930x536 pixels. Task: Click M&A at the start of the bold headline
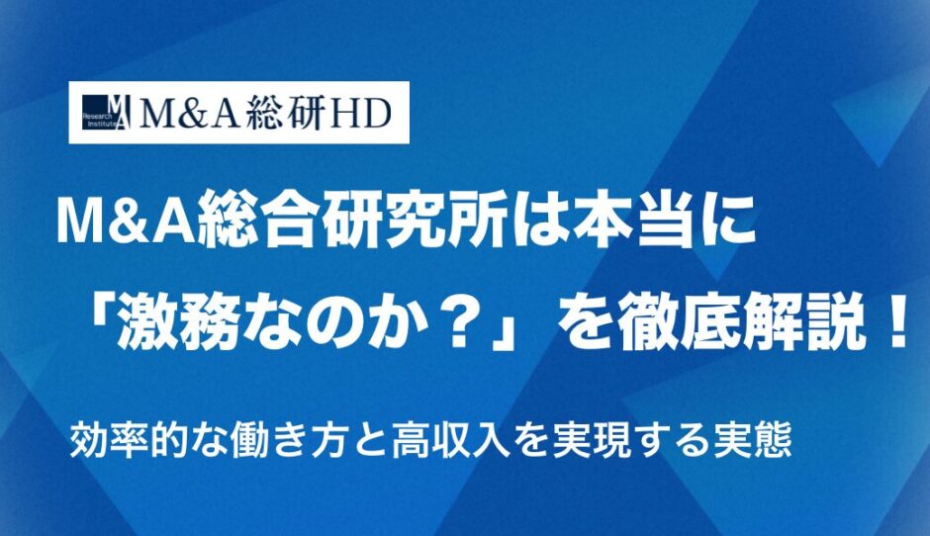pos(126,223)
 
